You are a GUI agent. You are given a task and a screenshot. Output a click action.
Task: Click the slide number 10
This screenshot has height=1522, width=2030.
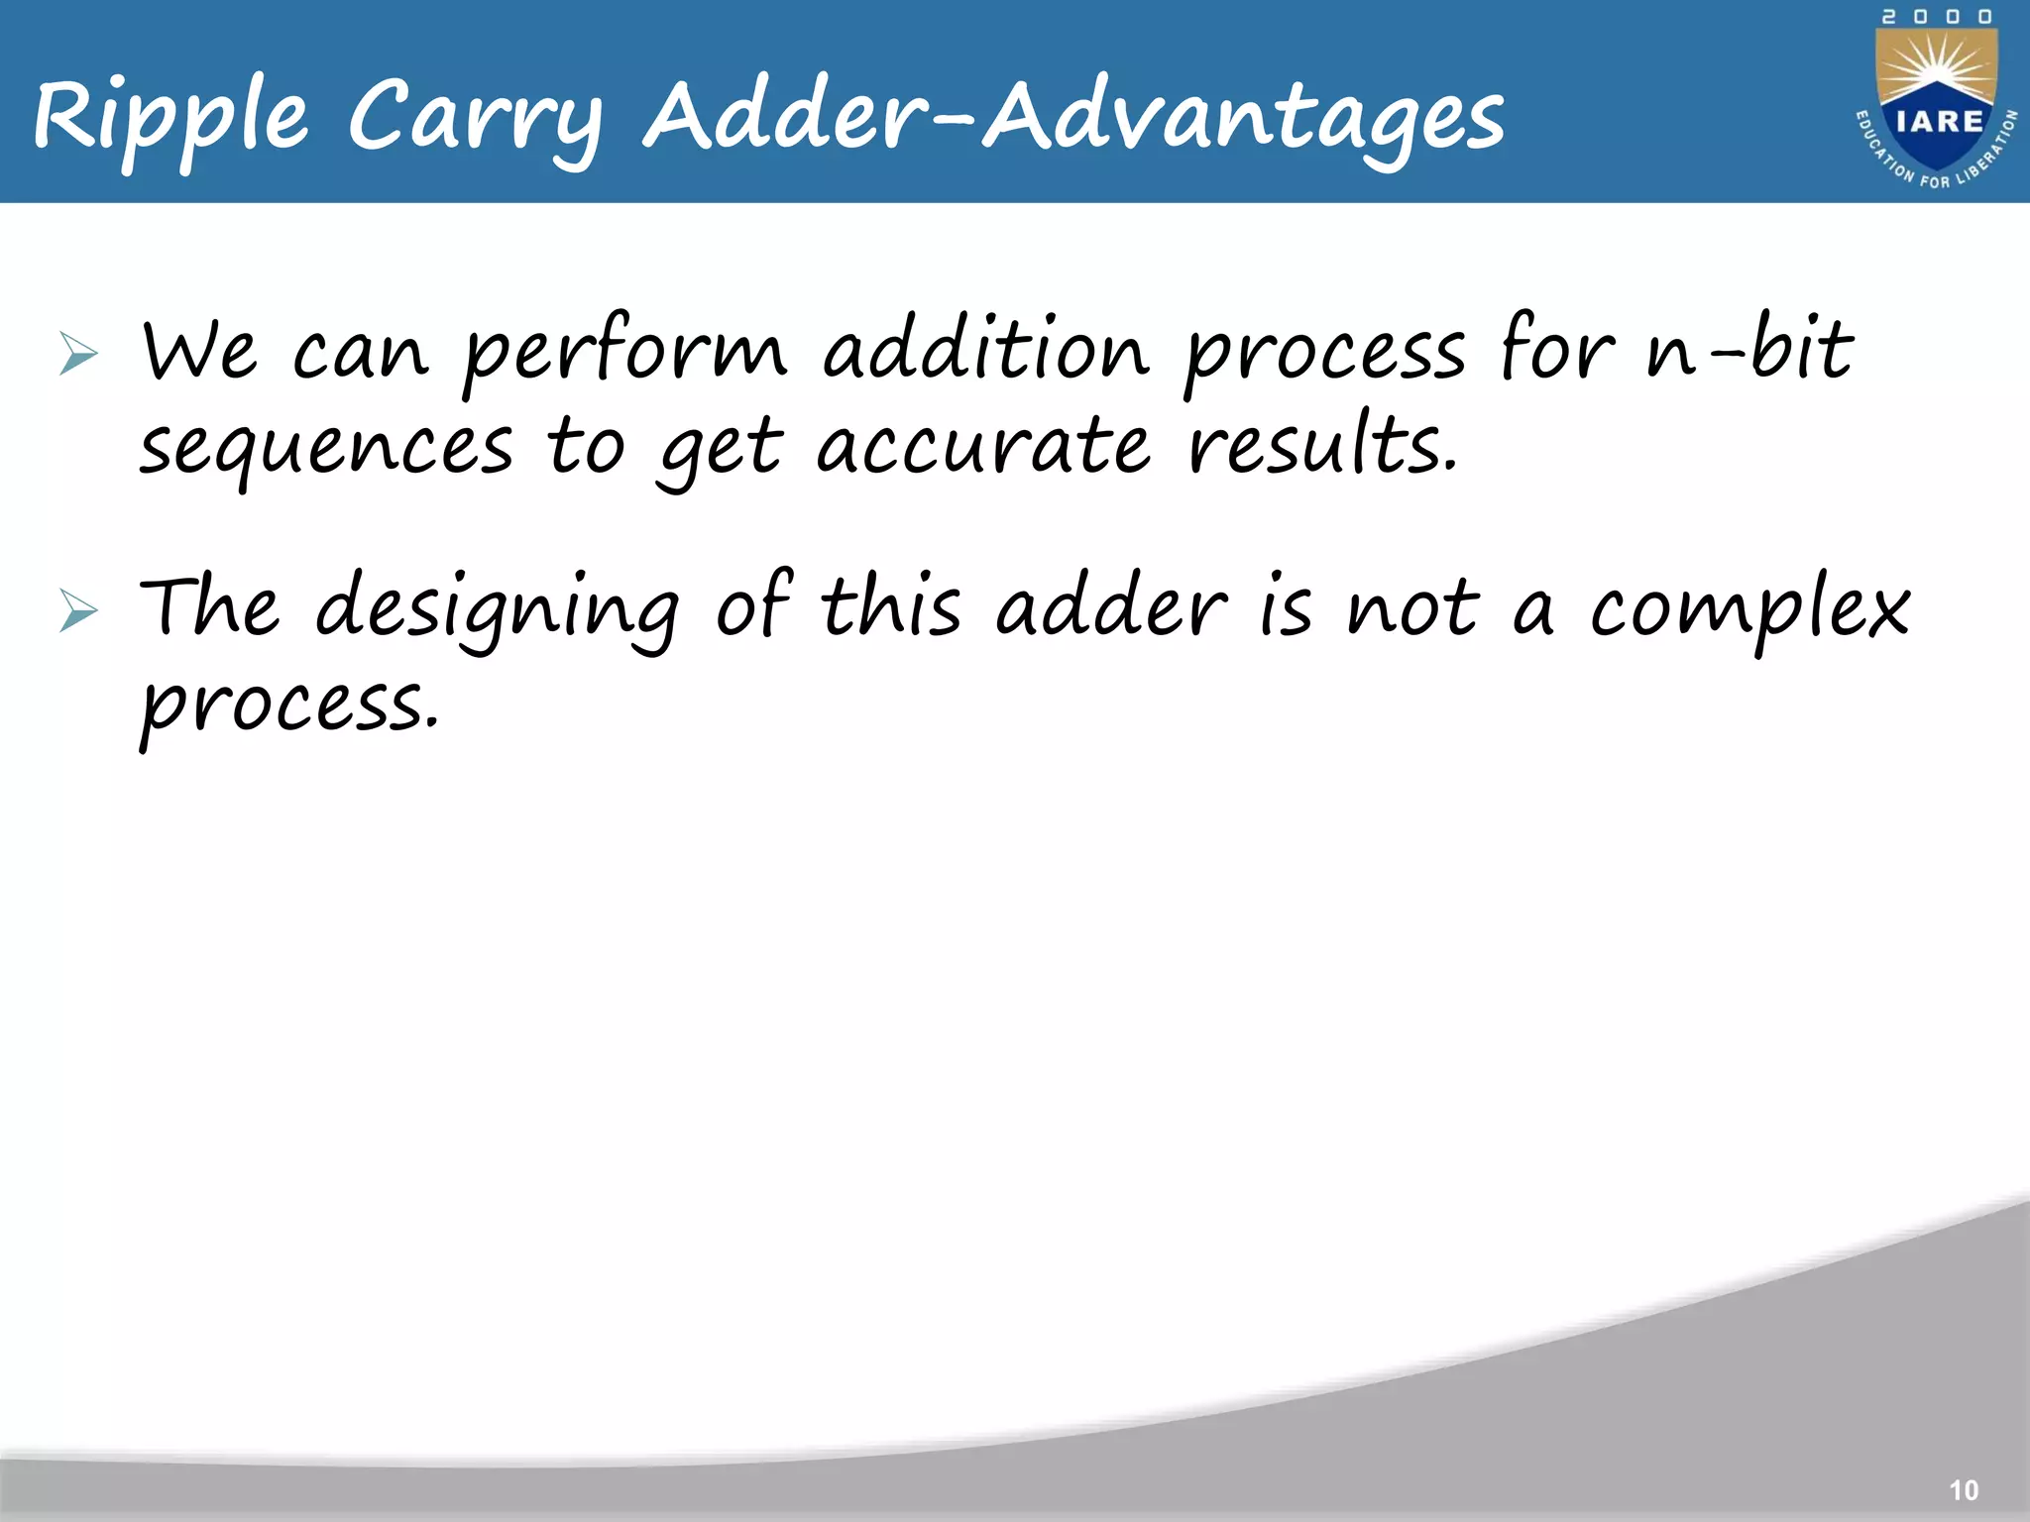click(1963, 1490)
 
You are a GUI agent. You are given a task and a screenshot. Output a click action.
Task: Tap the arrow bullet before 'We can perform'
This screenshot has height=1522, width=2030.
click(78, 354)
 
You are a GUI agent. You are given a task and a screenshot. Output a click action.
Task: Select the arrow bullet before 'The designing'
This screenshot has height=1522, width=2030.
click(78, 609)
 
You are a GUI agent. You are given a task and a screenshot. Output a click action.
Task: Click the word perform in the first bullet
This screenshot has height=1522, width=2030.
click(624, 352)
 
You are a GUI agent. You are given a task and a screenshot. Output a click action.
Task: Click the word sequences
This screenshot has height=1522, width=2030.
click(326, 449)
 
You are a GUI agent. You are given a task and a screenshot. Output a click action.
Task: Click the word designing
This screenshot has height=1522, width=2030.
click(497, 606)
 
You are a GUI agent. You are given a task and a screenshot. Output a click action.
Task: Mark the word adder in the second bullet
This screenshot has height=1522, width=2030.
click(1111, 606)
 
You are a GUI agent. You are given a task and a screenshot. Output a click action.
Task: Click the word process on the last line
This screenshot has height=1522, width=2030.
click(288, 706)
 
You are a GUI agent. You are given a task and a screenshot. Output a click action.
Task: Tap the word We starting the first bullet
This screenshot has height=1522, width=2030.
click(199, 352)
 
